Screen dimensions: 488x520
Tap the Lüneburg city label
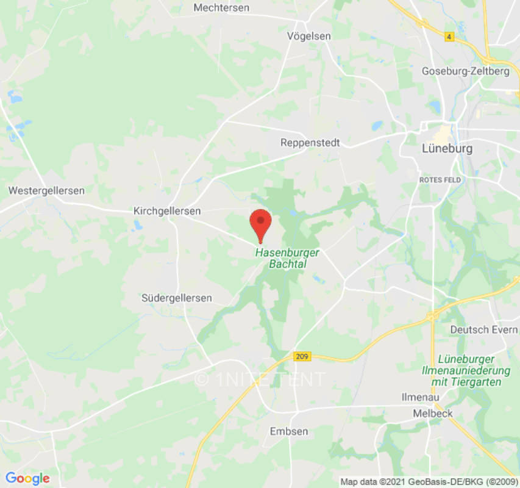coord(447,148)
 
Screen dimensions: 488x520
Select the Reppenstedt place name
coord(310,143)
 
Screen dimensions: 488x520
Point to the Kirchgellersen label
coord(167,210)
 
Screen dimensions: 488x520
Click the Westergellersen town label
coord(46,191)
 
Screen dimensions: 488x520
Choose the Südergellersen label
coord(177,298)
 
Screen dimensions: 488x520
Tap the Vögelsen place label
coord(309,37)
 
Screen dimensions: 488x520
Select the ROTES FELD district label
coord(440,180)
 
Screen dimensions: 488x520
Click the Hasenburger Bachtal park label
coord(287,258)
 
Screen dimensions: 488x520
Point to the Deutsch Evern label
coord(483,329)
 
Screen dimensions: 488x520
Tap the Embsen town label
coord(289,431)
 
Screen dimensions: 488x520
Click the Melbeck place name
coord(432,413)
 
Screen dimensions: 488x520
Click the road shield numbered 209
coord(300,356)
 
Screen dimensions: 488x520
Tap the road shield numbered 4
coord(449,37)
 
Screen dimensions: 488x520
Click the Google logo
coord(27,478)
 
